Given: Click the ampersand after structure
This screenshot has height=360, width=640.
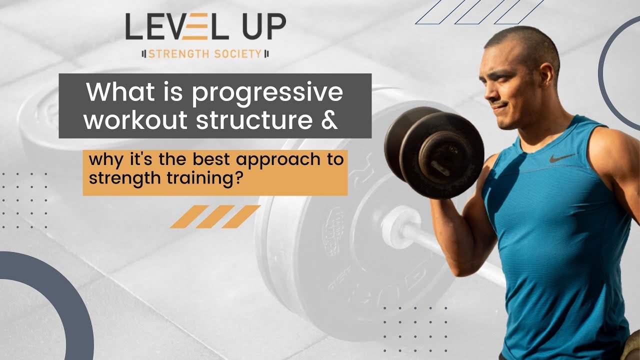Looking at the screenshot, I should coord(329,120).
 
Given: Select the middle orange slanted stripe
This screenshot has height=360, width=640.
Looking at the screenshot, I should coord(215,216).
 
